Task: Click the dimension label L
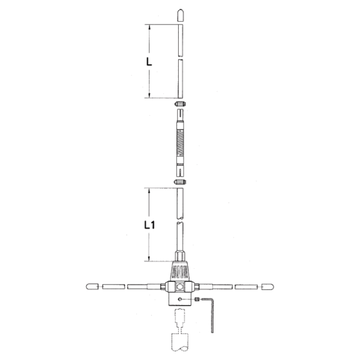(149, 62)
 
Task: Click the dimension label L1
(149, 225)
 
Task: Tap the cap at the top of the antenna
(181, 16)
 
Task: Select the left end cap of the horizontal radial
(92, 287)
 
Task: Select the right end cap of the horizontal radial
(268, 287)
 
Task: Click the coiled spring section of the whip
(180, 143)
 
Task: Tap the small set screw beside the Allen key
(197, 299)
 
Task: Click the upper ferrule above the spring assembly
(180, 104)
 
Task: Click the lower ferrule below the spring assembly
(180, 182)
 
